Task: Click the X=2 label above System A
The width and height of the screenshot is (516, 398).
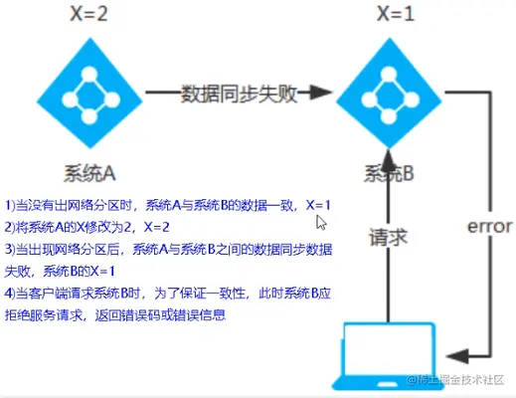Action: coord(88,14)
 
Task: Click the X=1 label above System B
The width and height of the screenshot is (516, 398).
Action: coord(396,14)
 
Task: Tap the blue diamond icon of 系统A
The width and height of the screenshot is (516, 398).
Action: coord(89,94)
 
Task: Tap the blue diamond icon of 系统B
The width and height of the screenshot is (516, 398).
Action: coord(389,94)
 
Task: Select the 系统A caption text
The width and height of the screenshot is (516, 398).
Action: coord(89,173)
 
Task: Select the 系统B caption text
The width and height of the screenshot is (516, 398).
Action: coord(389,173)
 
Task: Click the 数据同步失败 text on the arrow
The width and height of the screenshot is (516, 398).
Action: coord(239,94)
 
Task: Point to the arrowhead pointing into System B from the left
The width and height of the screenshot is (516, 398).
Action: coord(320,93)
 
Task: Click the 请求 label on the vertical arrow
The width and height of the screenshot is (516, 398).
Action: coord(388,238)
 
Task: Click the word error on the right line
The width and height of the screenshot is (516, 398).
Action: coord(490,227)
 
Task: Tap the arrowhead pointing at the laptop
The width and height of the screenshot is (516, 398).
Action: coord(457,356)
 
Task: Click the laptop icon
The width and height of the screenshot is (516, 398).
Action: coord(388,356)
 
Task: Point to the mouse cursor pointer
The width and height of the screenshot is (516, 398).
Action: coord(321,222)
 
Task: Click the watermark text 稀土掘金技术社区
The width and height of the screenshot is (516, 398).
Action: coord(455,380)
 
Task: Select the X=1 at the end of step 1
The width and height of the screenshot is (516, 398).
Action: coord(318,205)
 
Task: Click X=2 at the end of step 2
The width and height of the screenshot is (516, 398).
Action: coord(156,227)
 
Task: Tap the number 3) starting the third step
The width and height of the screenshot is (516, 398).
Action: coord(10,250)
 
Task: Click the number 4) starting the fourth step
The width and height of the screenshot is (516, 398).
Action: coord(10,294)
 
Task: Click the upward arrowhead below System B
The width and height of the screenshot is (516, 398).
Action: coord(389,161)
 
